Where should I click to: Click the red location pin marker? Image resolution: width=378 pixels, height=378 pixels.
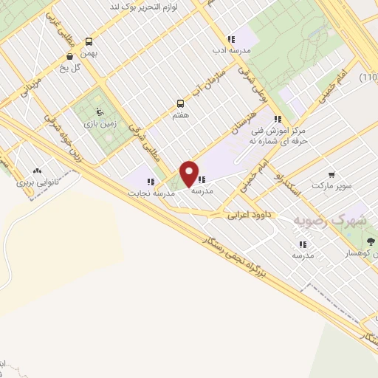click(x=189, y=173)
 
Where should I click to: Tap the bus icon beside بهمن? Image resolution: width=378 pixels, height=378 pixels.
click(x=89, y=42)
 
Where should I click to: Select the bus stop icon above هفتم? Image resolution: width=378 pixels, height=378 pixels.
click(x=180, y=104)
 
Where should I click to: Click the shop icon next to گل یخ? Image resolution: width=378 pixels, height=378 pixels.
click(x=69, y=55)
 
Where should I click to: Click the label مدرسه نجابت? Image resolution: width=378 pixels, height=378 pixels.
click(x=151, y=193)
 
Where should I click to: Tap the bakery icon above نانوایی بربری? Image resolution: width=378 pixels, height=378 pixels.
click(x=37, y=169)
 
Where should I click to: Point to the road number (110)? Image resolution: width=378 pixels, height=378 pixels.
click(x=368, y=78)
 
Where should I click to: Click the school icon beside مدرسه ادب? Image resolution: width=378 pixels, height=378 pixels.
click(x=231, y=39)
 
